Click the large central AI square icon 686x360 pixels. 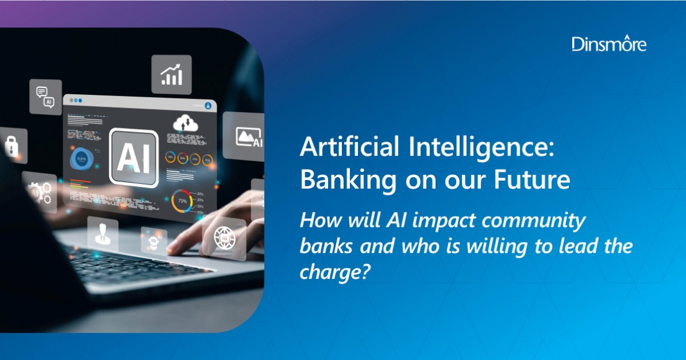tap(133, 158)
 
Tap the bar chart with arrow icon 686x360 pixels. tap(171, 74)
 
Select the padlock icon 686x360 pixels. tap(11, 145)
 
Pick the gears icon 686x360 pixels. tap(40, 191)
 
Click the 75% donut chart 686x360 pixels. tap(183, 201)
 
